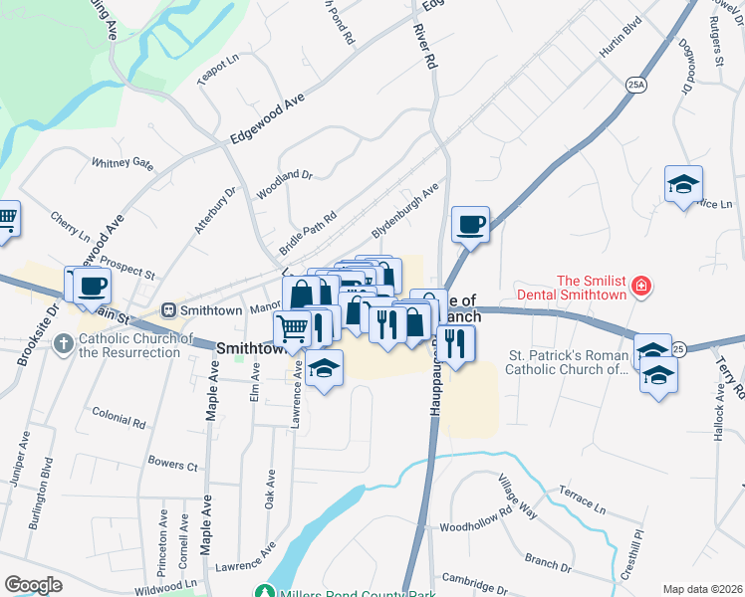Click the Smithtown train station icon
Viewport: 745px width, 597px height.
click(x=169, y=309)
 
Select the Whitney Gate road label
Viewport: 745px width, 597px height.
click(x=123, y=163)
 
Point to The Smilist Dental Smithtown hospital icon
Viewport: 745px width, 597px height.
click(x=642, y=288)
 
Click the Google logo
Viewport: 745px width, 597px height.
click(x=33, y=585)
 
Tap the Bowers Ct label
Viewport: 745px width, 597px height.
click(x=172, y=465)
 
